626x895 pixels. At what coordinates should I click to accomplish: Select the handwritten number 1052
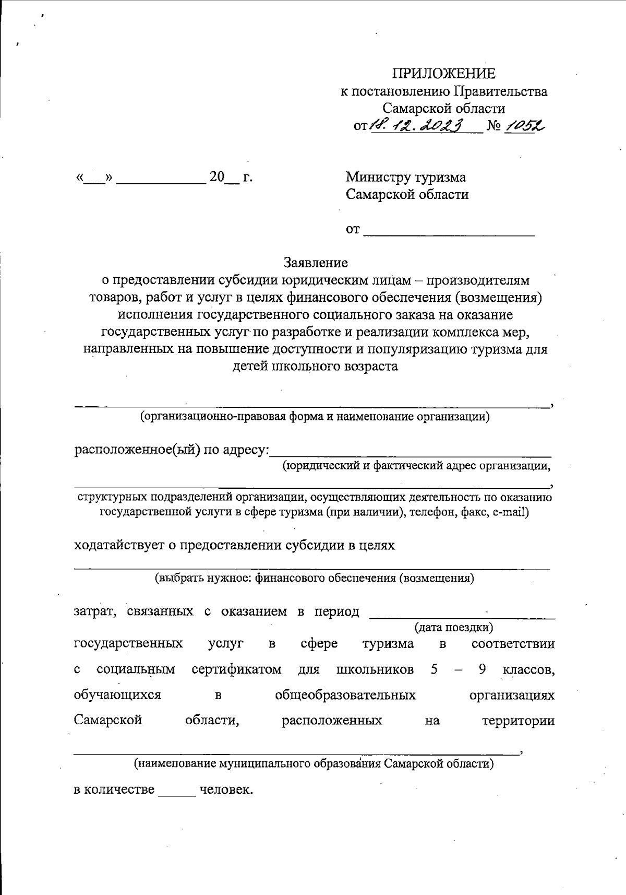point(525,124)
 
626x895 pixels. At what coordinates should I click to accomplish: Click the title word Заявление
point(316,262)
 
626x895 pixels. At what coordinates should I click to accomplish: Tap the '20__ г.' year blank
point(231,178)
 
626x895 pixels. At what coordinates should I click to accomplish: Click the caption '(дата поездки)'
point(453,627)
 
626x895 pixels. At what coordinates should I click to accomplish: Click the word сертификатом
point(236,669)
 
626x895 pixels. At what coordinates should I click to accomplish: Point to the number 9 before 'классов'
point(482,669)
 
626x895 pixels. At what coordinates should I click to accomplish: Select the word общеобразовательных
point(345,695)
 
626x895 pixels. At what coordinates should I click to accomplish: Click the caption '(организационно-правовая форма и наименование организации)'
point(314,417)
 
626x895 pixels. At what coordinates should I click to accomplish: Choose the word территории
point(517,721)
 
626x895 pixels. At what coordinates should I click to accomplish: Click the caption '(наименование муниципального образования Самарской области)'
point(314,763)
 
